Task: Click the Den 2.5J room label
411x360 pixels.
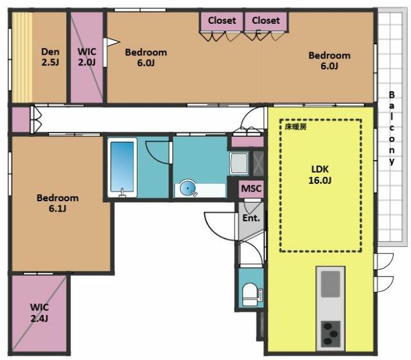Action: (x=50, y=57)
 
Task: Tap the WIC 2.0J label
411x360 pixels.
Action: (x=86, y=57)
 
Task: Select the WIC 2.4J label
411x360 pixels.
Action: (x=39, y=312)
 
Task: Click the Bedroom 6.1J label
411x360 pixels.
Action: (x=57, y=203)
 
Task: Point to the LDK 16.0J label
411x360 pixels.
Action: (x=320, y=175)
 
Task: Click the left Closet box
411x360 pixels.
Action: (x=222, y=21)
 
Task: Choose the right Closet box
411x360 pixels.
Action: (x=265, y=21)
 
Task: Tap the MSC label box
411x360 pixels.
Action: (x=250, y=190)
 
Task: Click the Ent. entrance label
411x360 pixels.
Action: (x=250, y=218)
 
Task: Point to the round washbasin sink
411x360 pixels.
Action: (x=187, y=188)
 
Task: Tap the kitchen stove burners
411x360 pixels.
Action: (x=331, y=334)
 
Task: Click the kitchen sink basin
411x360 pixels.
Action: (x=331, y=283)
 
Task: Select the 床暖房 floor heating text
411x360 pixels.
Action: (x=296, y=127)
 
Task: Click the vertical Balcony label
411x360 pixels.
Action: (x=391, y=129)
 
